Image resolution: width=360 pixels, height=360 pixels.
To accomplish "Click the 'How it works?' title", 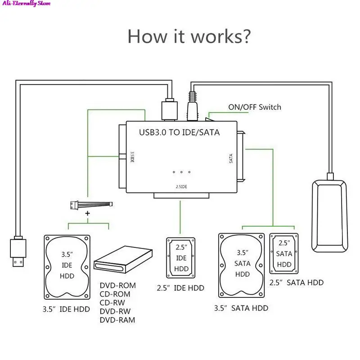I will [x=189, y=36].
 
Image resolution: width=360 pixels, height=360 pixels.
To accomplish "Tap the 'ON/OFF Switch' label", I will [x=255, y=107].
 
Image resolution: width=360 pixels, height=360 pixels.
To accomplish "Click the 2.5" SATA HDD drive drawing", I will [x=284, y=253].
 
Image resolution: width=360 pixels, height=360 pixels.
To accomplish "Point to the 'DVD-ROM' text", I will [x=117, y=286].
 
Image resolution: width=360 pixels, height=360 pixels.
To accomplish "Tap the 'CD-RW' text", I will [x=112, y=303].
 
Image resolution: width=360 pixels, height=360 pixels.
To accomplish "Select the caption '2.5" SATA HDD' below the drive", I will [x=296, y=283].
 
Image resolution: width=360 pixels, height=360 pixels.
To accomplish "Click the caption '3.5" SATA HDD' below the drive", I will [x=242, y=308].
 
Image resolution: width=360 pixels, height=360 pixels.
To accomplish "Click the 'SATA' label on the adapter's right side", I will [x=231, y=158].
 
